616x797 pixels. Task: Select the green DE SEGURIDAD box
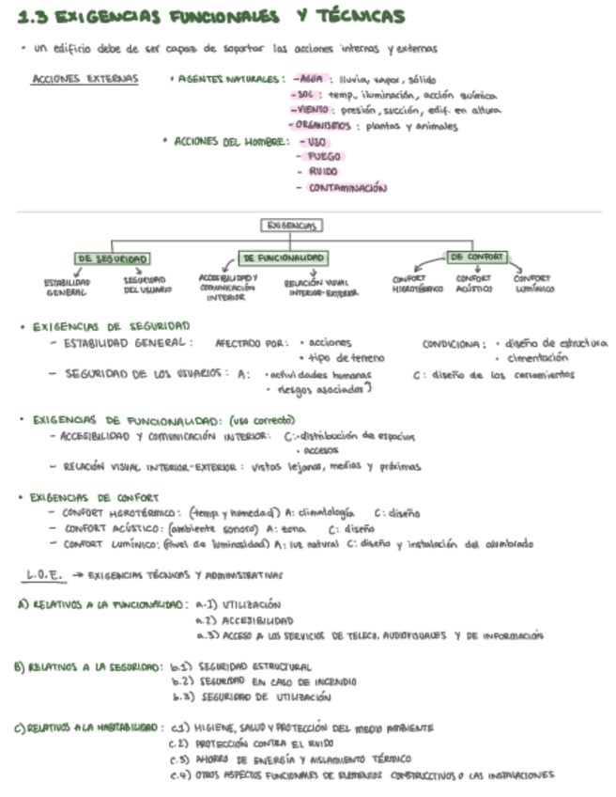click(x=113, y=258)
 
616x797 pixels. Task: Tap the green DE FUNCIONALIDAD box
click(x=285, y=257)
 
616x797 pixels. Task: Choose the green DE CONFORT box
click(x=476, y=256)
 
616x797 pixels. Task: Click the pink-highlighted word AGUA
click(x=310, y=80)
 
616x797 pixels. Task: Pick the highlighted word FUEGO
click(x=324, y=157)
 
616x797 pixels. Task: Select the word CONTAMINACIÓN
click(x=347, y=188)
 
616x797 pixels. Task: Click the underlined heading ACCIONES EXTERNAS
click(x=85, y=79)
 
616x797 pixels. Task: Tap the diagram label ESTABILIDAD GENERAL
click(x=67, y=286)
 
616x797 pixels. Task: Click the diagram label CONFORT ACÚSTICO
click(x=474, y=284)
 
